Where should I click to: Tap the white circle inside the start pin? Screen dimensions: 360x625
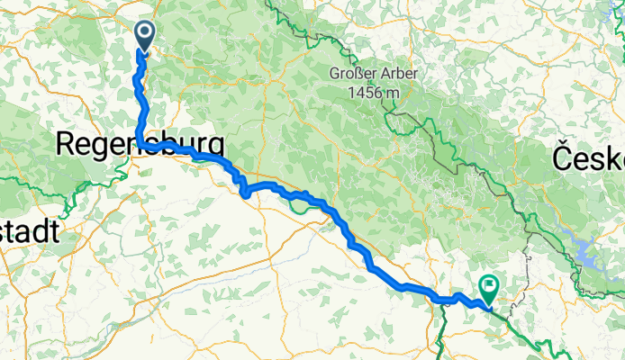click(x=143, y=31)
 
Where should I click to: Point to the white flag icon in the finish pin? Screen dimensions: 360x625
click(x=489, y=287)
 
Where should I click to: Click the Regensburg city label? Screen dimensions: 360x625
click(x=140, y=144)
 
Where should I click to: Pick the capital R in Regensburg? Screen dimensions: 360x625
click(x=68, y=144)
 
